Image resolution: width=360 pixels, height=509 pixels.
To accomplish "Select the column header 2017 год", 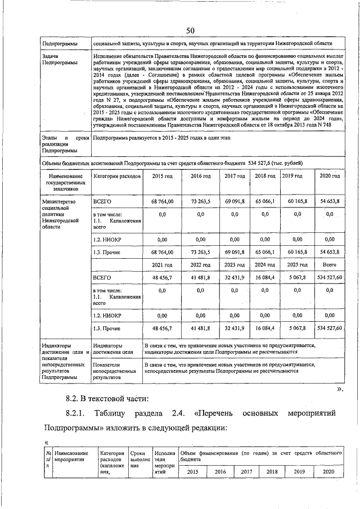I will [235, 176].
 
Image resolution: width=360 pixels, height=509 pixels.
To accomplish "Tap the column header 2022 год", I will [200, 264].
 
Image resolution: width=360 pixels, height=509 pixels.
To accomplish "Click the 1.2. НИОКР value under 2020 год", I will [329, 238].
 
